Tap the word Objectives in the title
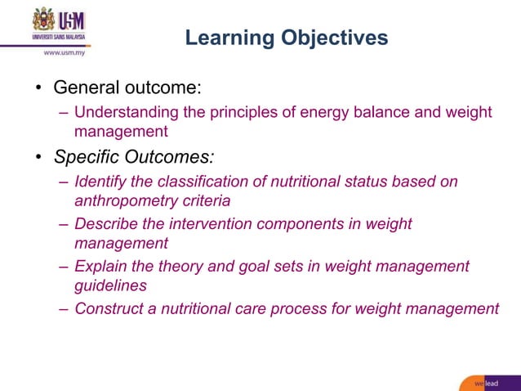point(334,38)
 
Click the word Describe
point(107,223)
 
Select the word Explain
point(100,266)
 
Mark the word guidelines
point(110,285)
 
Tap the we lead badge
point(488,383)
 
